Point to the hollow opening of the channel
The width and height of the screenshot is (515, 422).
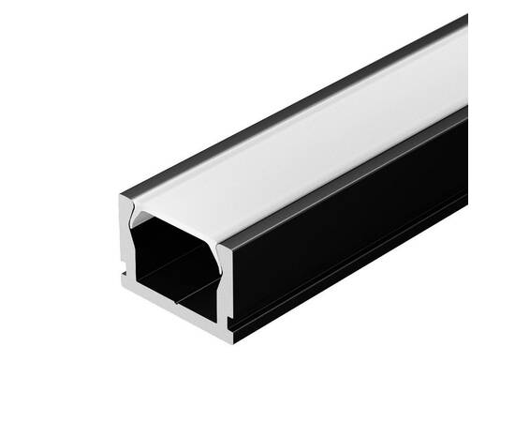(x=173, y=263)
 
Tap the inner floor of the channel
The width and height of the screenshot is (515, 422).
(x=178, y=300)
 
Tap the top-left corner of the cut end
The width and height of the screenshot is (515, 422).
(x=123, y=196)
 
